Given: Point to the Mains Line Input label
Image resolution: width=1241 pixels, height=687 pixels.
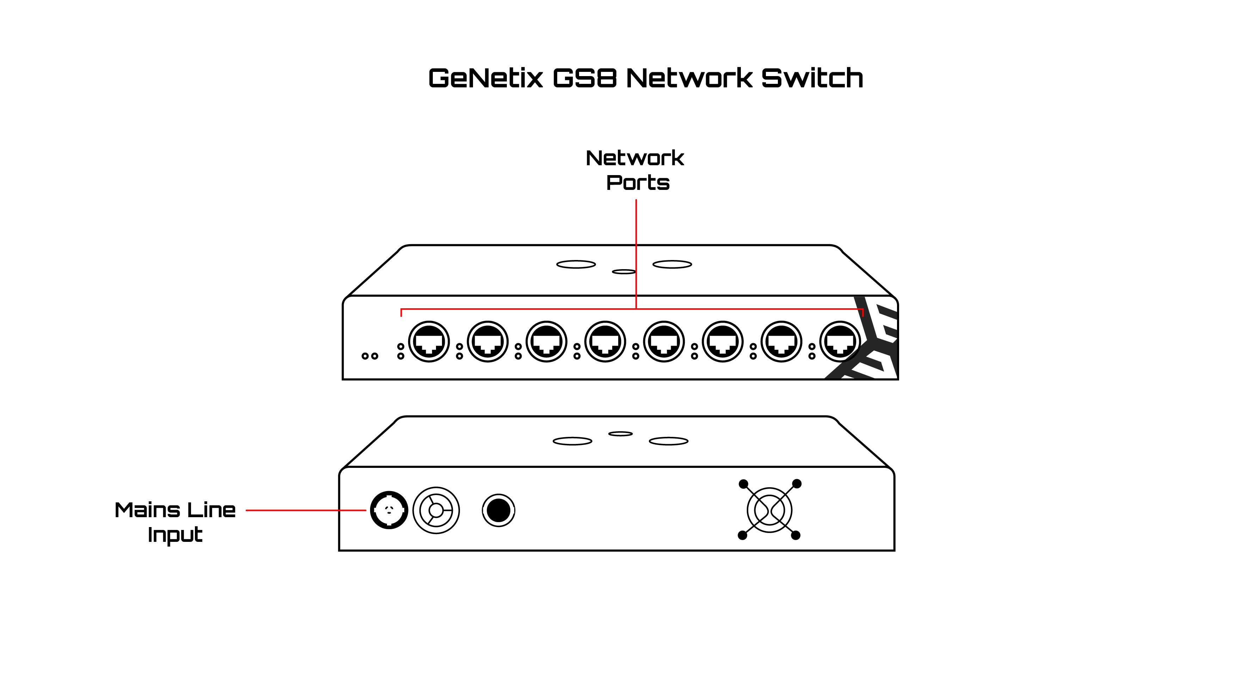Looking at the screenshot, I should click(175, 522).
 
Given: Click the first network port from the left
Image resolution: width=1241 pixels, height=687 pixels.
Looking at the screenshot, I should click(429, 342).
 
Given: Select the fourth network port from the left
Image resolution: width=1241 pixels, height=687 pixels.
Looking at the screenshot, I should click(605, 342).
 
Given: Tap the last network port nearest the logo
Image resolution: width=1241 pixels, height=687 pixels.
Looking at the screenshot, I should click(840, 342).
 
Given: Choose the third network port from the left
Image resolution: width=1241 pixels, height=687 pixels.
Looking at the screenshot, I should click(546, 342).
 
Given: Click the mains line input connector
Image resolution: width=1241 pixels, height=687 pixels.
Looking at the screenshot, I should click(389, 510).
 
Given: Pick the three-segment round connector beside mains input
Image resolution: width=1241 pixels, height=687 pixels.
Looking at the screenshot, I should click(436, 510).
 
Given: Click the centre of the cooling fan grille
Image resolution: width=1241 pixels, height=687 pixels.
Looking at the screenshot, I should click(769, 510).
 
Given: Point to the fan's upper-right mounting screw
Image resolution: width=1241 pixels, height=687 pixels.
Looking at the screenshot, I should click(797, 483).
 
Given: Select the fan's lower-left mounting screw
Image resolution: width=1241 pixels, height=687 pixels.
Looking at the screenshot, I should click(742, 536).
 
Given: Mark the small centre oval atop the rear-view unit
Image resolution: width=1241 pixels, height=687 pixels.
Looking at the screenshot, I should click(620, 434).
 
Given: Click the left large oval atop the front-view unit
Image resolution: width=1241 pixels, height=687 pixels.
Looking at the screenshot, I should click(576, 264).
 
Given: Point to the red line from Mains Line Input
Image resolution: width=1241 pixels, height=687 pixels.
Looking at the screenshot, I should click(306, 510).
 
